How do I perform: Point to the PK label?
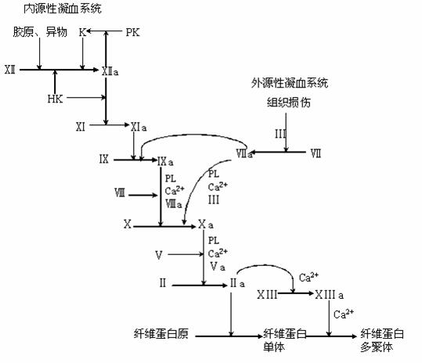tap(134, 32)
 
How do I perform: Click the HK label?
tap(55, 99)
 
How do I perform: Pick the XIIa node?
tap(110, 70)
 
